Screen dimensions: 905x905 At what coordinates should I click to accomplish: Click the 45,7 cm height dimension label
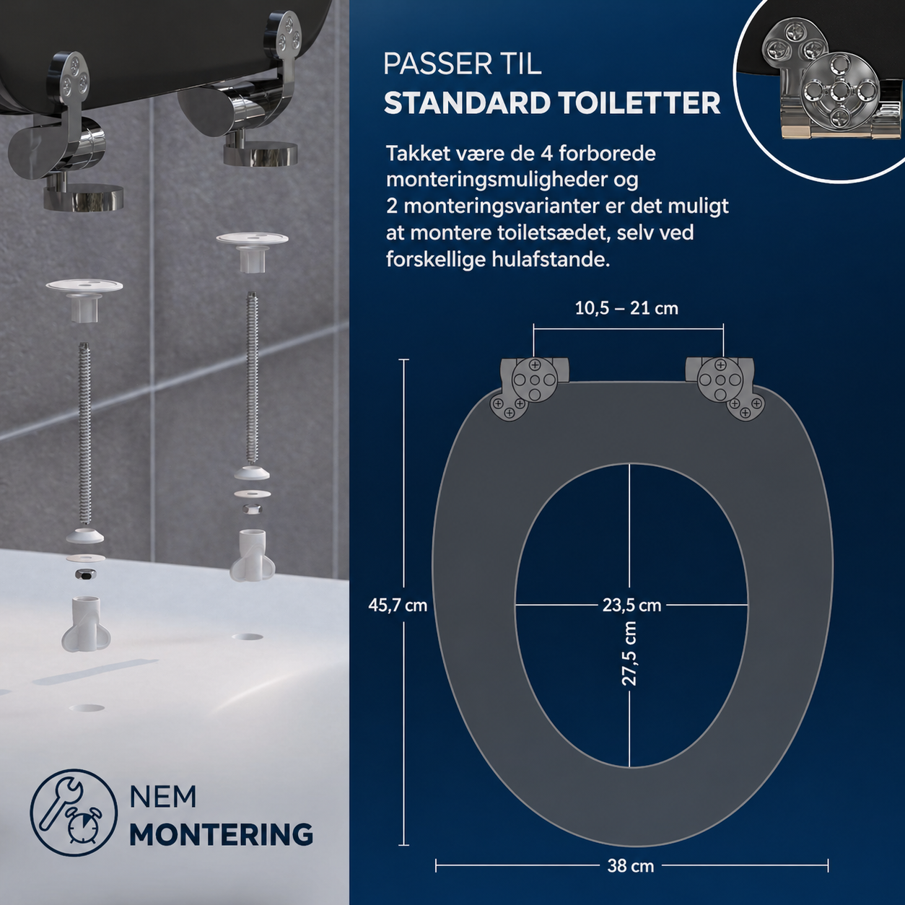[398, 605]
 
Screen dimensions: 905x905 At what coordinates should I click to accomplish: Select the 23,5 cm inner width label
[631, 605]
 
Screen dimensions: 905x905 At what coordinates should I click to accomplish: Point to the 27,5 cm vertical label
[629, 653]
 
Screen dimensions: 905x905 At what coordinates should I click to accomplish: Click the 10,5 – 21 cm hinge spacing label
[626, 308]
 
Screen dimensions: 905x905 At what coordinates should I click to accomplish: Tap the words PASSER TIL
[463, 64]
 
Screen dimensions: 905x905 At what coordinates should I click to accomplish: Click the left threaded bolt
[84, 433]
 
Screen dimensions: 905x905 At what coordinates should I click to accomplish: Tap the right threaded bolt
[253, 378]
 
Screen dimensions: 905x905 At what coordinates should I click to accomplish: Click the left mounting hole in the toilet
[87, 707]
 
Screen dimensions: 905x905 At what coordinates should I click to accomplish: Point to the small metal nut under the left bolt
[86, 574]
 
